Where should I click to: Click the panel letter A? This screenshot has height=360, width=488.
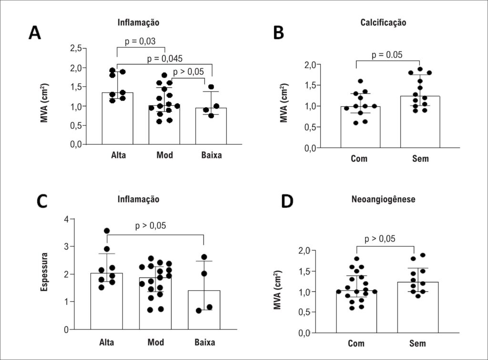point(34,32)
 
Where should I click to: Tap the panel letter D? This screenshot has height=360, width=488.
point(287,201)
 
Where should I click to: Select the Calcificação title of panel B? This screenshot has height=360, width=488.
point(383,23)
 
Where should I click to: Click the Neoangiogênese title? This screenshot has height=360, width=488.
point(383,199)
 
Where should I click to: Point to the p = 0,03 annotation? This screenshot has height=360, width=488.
point(140,41)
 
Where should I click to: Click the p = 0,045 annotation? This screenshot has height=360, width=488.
point(164,58)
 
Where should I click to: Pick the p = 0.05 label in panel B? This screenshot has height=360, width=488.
point(387,55)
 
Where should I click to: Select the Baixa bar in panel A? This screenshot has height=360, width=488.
point(211,126)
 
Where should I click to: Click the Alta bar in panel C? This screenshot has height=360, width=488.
point(106,301)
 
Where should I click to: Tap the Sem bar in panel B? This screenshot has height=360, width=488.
point(420,122)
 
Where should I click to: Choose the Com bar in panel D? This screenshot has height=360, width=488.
point(356,312)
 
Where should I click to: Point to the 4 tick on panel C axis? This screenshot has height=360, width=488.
point(66,219)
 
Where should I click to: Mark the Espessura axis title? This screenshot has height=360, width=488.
point(44,272)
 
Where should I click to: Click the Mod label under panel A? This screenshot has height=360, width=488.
point(164,155)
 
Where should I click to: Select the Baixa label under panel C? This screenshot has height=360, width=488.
point(205,342)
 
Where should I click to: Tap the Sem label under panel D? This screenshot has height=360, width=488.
point(417,343)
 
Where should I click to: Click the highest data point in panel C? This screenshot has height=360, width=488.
point(107,231)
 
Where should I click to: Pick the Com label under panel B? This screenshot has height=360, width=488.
point(359,158)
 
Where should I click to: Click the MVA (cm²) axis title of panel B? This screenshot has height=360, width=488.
point(284,103)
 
